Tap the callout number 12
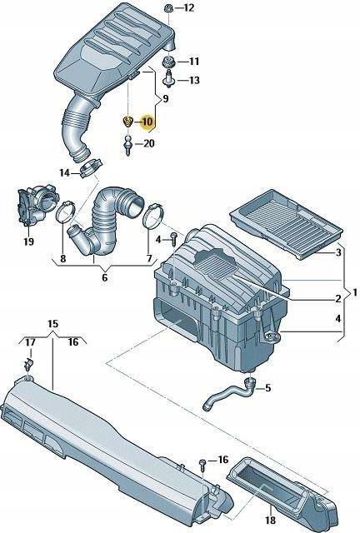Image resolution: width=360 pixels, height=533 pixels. click(187, 8)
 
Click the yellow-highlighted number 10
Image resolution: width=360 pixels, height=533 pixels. click(147, 122)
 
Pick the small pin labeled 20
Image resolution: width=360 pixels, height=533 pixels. click(128, 145)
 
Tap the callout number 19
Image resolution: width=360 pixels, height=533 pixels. click(28, 242)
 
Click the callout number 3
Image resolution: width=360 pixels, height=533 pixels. click(337, 252)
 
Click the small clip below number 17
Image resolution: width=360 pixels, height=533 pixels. click(31, 364)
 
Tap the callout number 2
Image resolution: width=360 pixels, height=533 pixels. click(337, 298)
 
